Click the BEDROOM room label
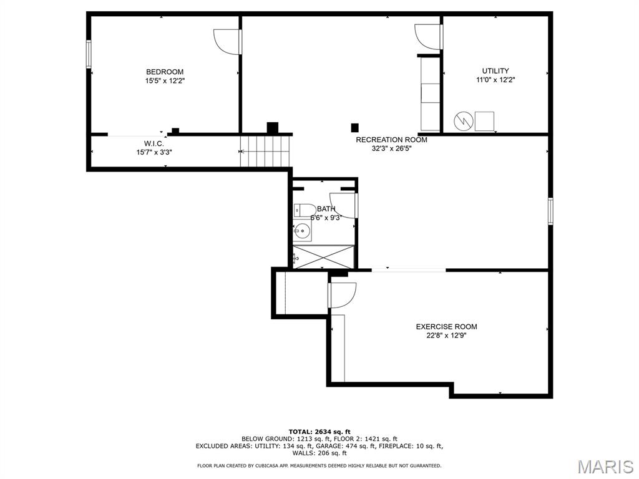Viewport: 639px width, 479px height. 165,72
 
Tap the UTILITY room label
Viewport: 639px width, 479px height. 495,71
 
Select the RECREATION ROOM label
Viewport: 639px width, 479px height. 392,140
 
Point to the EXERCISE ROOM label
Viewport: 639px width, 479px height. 446,327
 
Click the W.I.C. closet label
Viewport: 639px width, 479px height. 154,144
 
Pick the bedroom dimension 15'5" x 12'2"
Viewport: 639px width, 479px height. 165,81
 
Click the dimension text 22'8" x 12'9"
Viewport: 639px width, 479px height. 446,336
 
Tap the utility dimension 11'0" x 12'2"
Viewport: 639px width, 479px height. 495,80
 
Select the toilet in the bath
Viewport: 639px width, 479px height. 304,210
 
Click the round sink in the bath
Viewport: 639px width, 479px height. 302,232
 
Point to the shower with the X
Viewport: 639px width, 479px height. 324,256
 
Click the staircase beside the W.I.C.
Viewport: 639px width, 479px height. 265,151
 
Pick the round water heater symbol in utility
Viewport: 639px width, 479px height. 464,121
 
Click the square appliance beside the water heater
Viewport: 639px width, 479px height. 484,121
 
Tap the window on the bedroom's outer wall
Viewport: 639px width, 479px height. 89,54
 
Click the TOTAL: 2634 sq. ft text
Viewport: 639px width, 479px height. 319,432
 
